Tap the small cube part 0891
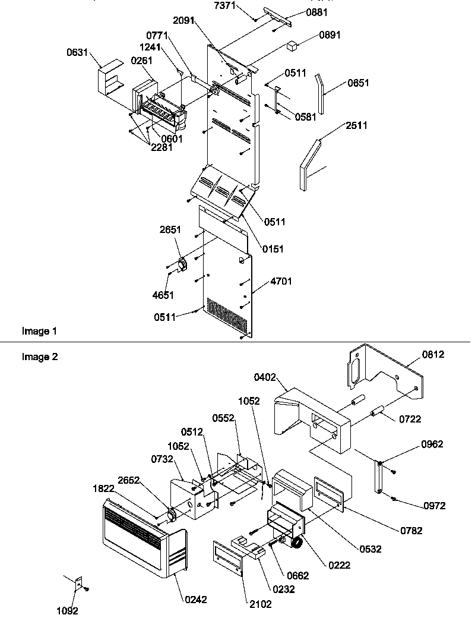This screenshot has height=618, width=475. pyautogui.click(x=292, y=45)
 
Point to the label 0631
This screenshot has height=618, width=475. pyautogui.click(x=78, y=53)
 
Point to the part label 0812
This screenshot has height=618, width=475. pyautogui.click(x=433, y=355)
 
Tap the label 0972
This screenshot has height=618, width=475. pyautogui.click(x=434, y=506)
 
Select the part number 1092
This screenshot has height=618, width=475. pyautogui.click(x=66, y=610)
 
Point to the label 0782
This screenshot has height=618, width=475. pyautogui.click(x=411, y=531)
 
